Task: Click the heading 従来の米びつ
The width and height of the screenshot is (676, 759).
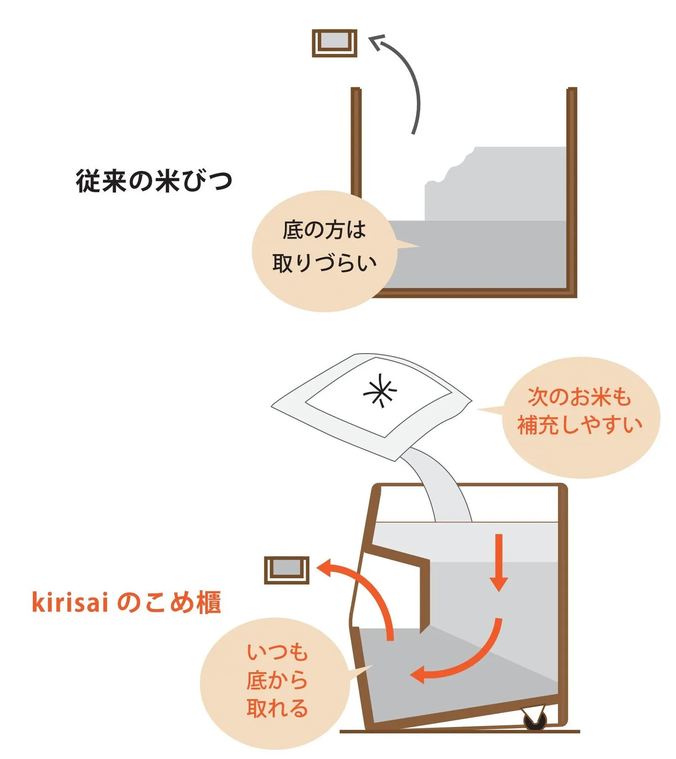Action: tap(154, 181)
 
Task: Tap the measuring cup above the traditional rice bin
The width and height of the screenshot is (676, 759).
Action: tap(335, 43)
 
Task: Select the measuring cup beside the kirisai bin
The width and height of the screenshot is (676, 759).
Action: tap(287, 571)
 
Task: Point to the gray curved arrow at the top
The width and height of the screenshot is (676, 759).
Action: tap(411, 76)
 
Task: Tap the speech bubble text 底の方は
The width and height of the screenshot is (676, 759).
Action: tap(324, 230)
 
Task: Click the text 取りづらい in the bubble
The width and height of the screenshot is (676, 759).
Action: tap(324, 263)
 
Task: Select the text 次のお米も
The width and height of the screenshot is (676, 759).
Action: tap(579, 397)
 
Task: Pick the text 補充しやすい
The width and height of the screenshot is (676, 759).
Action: tap(580, 425)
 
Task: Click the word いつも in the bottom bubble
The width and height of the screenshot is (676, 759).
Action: tap(277, 652)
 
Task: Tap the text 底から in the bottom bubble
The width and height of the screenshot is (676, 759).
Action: tap(277, 680)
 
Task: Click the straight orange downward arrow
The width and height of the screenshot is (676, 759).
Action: tap(499, 563)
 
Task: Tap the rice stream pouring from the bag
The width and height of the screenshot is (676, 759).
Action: tap(438, 485)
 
